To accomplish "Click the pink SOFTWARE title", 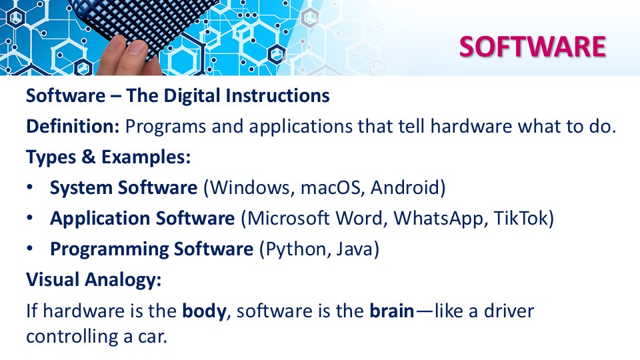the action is coord(532,47).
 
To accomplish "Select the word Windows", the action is coord(252,188).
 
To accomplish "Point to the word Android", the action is coord(405,188).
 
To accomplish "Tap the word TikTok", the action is coord(521,219).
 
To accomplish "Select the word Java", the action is coord(355,249).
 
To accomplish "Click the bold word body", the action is coord(204,311).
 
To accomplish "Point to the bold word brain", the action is coord(392,311).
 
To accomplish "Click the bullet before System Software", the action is coord(30,187).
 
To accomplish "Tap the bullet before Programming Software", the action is coord(30,249).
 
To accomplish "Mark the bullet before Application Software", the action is coord(30,218).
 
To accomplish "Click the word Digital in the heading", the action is coord(191,96).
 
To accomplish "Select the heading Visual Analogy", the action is coord(94,280).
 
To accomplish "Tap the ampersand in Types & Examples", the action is coord(88,157).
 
